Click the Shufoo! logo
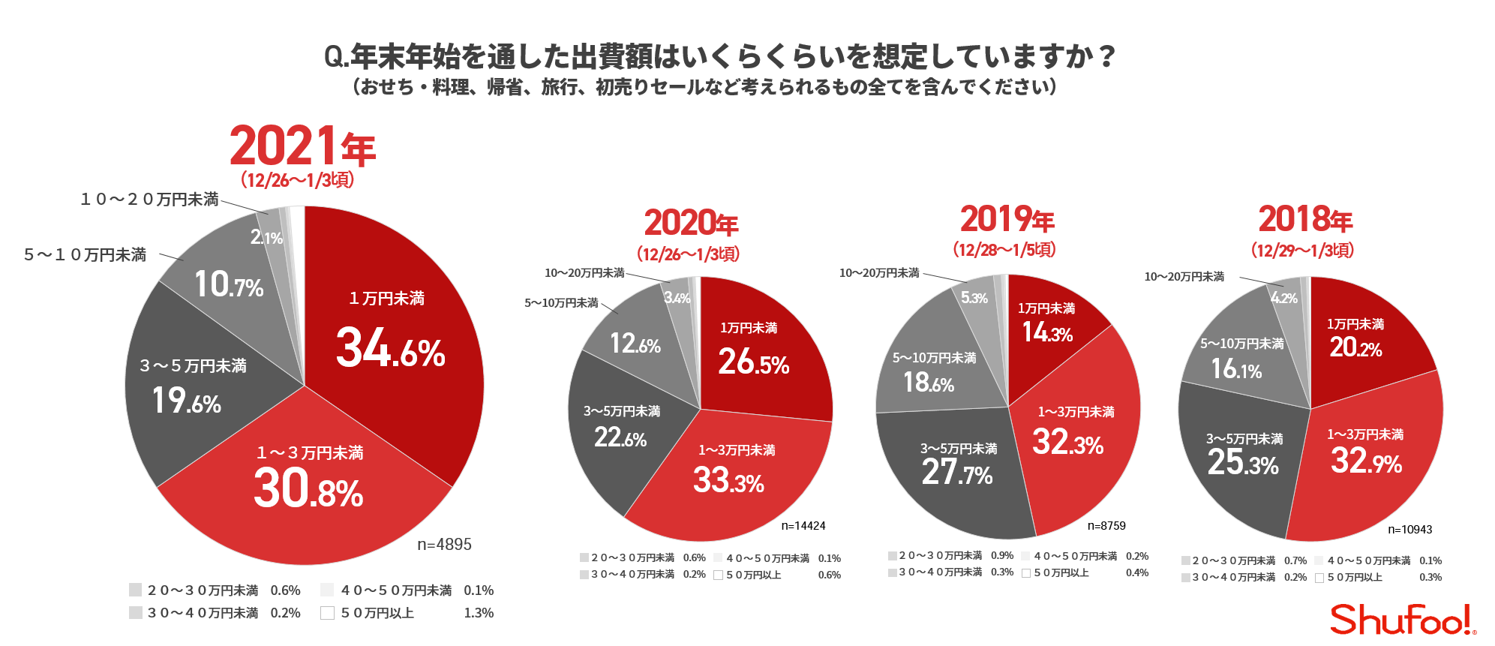click(1401, 620)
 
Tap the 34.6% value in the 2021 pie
click(390, 348)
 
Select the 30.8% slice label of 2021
click(308, 488)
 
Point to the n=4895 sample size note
click(444, 545)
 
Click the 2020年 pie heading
click(691, 223)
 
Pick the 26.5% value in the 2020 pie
click(753, 362)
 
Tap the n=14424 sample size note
click(803, 526)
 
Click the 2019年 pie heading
click(1007, 219)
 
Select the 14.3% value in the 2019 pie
click(1047, 332)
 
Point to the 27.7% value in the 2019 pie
click(956, 473)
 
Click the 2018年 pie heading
click(1304, 219)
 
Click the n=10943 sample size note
click(1409, 530)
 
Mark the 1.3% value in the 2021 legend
click(479, 613)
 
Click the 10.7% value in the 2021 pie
click(229, 285)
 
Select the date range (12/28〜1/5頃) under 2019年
click(1004, 250)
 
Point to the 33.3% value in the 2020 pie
click(728, 480)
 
